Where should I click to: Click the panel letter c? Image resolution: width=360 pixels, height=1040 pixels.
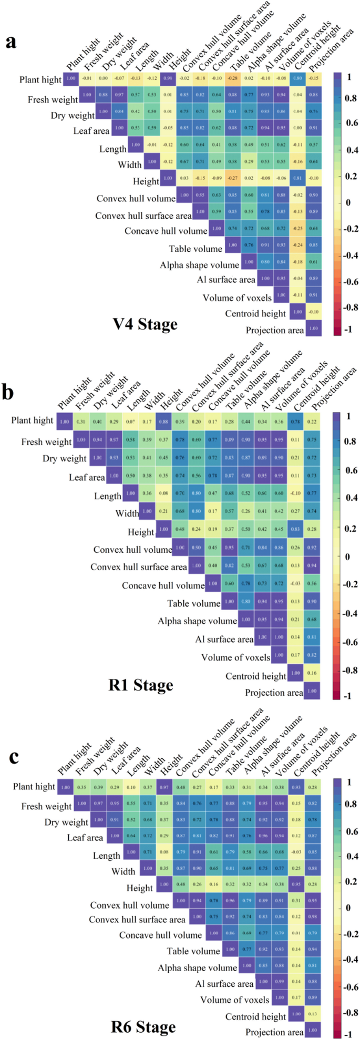tap(10, 757)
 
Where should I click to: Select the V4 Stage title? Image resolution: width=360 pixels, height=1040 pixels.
tap(144, 324)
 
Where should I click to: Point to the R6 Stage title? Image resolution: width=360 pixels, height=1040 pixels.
tap(142, 1026)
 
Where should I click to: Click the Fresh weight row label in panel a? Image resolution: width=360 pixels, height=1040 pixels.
tap(50, 99)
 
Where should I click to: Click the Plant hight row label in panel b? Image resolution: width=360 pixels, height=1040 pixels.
tap(33, 420)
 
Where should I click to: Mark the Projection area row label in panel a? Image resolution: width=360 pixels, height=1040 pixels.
tap(275, 331)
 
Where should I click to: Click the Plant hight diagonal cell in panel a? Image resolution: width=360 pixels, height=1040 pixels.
tap(71, 79)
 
